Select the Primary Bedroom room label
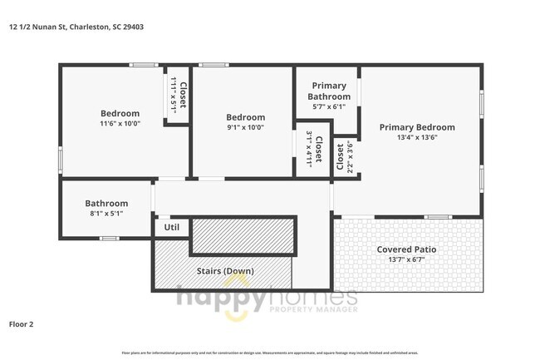coord(417,127)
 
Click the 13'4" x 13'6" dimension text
coord(417,137)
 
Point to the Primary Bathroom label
coord(328,91)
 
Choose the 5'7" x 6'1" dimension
coord(328,106)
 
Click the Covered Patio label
coord(406,249)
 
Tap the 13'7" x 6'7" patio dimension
coord(406,259)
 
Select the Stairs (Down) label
coord(225,271)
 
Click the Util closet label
coord(171,226)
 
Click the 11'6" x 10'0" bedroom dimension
coord(120,123)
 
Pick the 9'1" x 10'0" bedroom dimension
coord(246,127)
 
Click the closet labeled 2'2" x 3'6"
coord(345,157)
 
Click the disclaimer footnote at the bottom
coord(270,353)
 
